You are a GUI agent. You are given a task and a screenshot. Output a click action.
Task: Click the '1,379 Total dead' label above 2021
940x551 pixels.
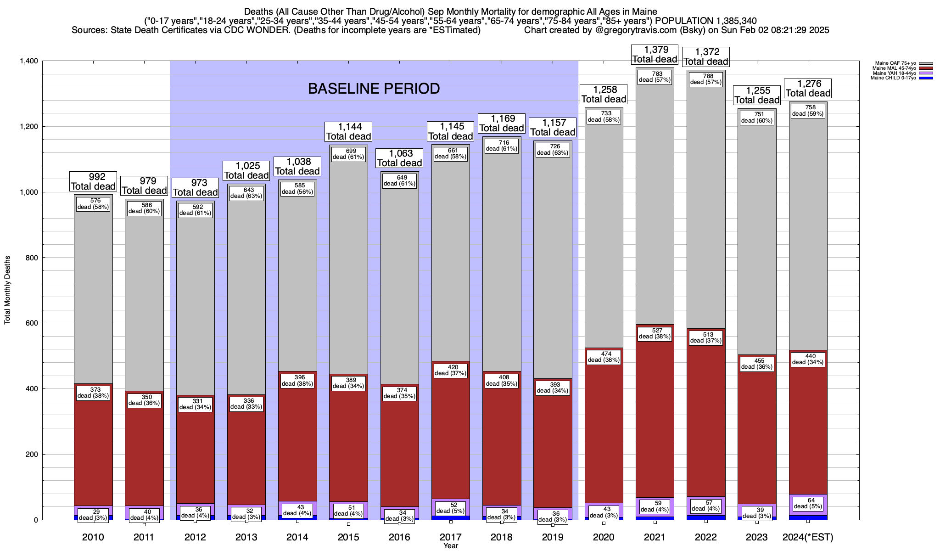tap(655, 54)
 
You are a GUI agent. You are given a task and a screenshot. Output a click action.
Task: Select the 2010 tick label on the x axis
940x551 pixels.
tap(93, 537)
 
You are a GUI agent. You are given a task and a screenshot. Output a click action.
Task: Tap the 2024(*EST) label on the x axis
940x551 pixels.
tap(808, 537)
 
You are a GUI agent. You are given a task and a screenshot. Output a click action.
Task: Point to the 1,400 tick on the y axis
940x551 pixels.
tap(29, 61)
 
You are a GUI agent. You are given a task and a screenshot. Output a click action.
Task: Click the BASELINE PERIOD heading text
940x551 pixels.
tap(374, 89)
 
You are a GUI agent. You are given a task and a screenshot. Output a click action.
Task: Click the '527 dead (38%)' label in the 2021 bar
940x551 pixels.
tap(655, 333)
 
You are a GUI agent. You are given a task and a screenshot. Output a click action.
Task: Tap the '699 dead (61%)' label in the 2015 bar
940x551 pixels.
tap(348, 154)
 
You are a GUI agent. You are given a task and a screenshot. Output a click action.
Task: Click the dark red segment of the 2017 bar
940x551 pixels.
tap(451, 436)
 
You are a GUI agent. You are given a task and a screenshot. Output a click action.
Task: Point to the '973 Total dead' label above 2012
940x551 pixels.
tap(195, 188)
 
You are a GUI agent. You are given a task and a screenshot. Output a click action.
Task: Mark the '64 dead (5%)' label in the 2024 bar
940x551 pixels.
tap(808, 504)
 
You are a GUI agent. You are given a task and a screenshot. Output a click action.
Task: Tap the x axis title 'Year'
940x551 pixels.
tap(451, 546)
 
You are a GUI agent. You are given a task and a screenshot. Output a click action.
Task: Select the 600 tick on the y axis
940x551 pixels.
tap(32, 323)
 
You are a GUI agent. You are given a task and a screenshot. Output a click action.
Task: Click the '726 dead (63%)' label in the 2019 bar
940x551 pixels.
tap(553, 150)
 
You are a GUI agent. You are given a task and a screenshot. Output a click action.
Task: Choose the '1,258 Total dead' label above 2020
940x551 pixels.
tap(604, 94)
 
